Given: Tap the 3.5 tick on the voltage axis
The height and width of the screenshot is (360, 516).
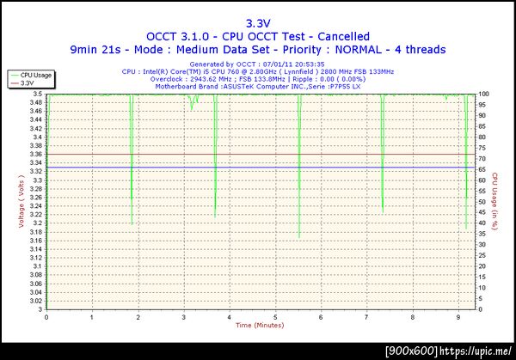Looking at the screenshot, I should [37, 93].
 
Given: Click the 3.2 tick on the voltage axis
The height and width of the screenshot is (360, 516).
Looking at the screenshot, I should [37, 223].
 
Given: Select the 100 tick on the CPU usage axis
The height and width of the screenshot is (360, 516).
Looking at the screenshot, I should [483, 93].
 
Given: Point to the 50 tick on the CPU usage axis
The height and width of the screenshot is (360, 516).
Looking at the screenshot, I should [482, 201].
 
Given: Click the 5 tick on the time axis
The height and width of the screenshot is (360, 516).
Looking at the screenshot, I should [275, 316].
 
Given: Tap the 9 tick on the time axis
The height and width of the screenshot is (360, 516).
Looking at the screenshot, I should [458, 316].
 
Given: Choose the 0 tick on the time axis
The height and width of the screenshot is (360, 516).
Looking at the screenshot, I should [46, 316].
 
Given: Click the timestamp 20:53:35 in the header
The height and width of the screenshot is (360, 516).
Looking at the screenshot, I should [305, 64].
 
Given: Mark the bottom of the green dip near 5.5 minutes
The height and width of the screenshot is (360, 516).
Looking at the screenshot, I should [298, 237].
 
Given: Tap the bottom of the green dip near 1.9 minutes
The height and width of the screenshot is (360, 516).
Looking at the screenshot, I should [132, 223].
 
